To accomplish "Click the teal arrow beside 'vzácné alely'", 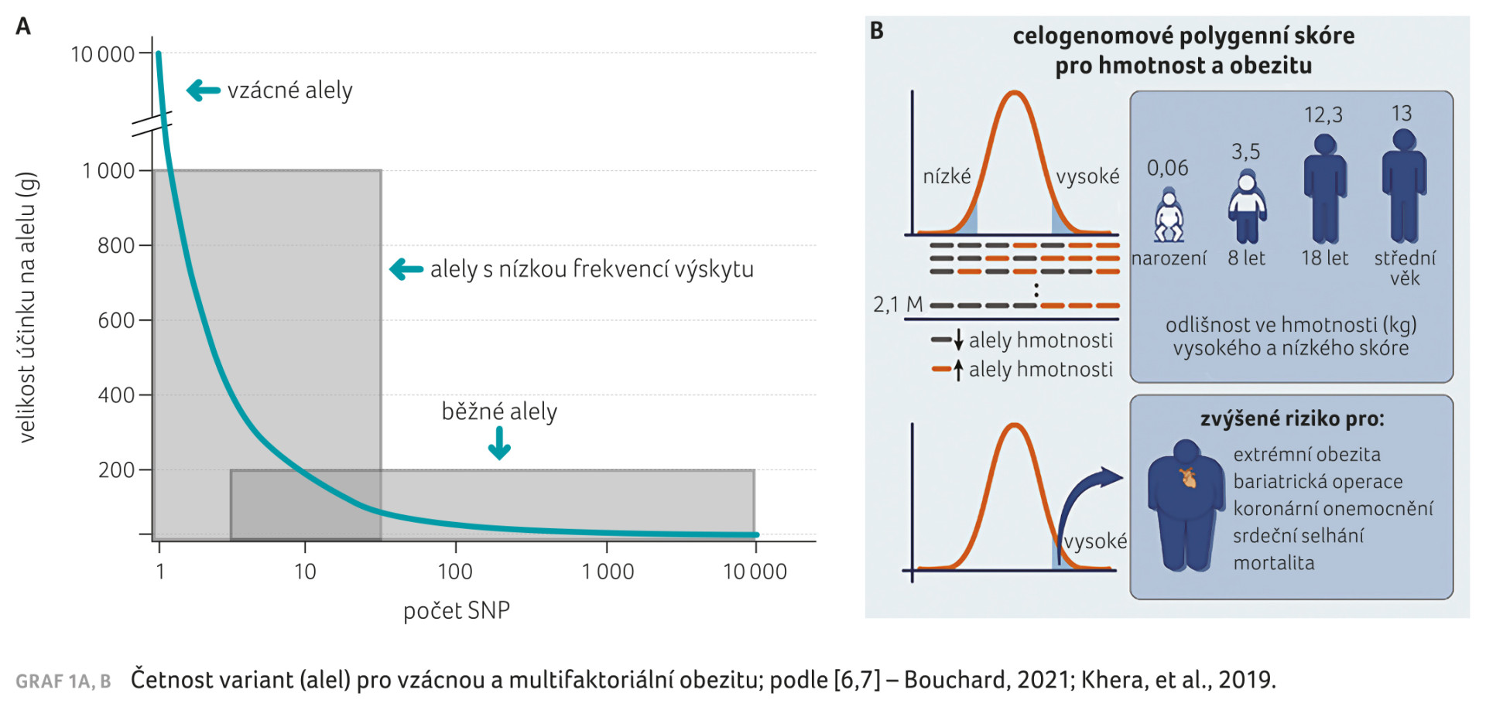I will click(204, 90).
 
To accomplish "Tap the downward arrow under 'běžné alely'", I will click(499, 443).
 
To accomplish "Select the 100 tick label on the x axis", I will click(455, 572).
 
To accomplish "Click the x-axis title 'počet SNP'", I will click(457, 610).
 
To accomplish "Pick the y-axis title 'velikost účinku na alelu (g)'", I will click(27, 307).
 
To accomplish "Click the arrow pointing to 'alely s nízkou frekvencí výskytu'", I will click(406, 269).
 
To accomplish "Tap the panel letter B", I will click(877, 31).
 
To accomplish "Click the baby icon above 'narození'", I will click(1169, 217).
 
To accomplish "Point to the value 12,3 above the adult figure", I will click(1323, 115).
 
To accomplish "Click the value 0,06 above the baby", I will click(1167, 168).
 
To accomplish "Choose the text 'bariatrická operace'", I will click(1317, 482).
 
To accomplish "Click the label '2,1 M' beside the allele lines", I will click(898, 305).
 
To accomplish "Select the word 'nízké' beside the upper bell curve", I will click(947, 176).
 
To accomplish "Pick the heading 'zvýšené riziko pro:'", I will click(1292, 418).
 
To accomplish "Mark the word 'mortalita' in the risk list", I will click(1274, 563).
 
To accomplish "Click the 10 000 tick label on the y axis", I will click(103, 54).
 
